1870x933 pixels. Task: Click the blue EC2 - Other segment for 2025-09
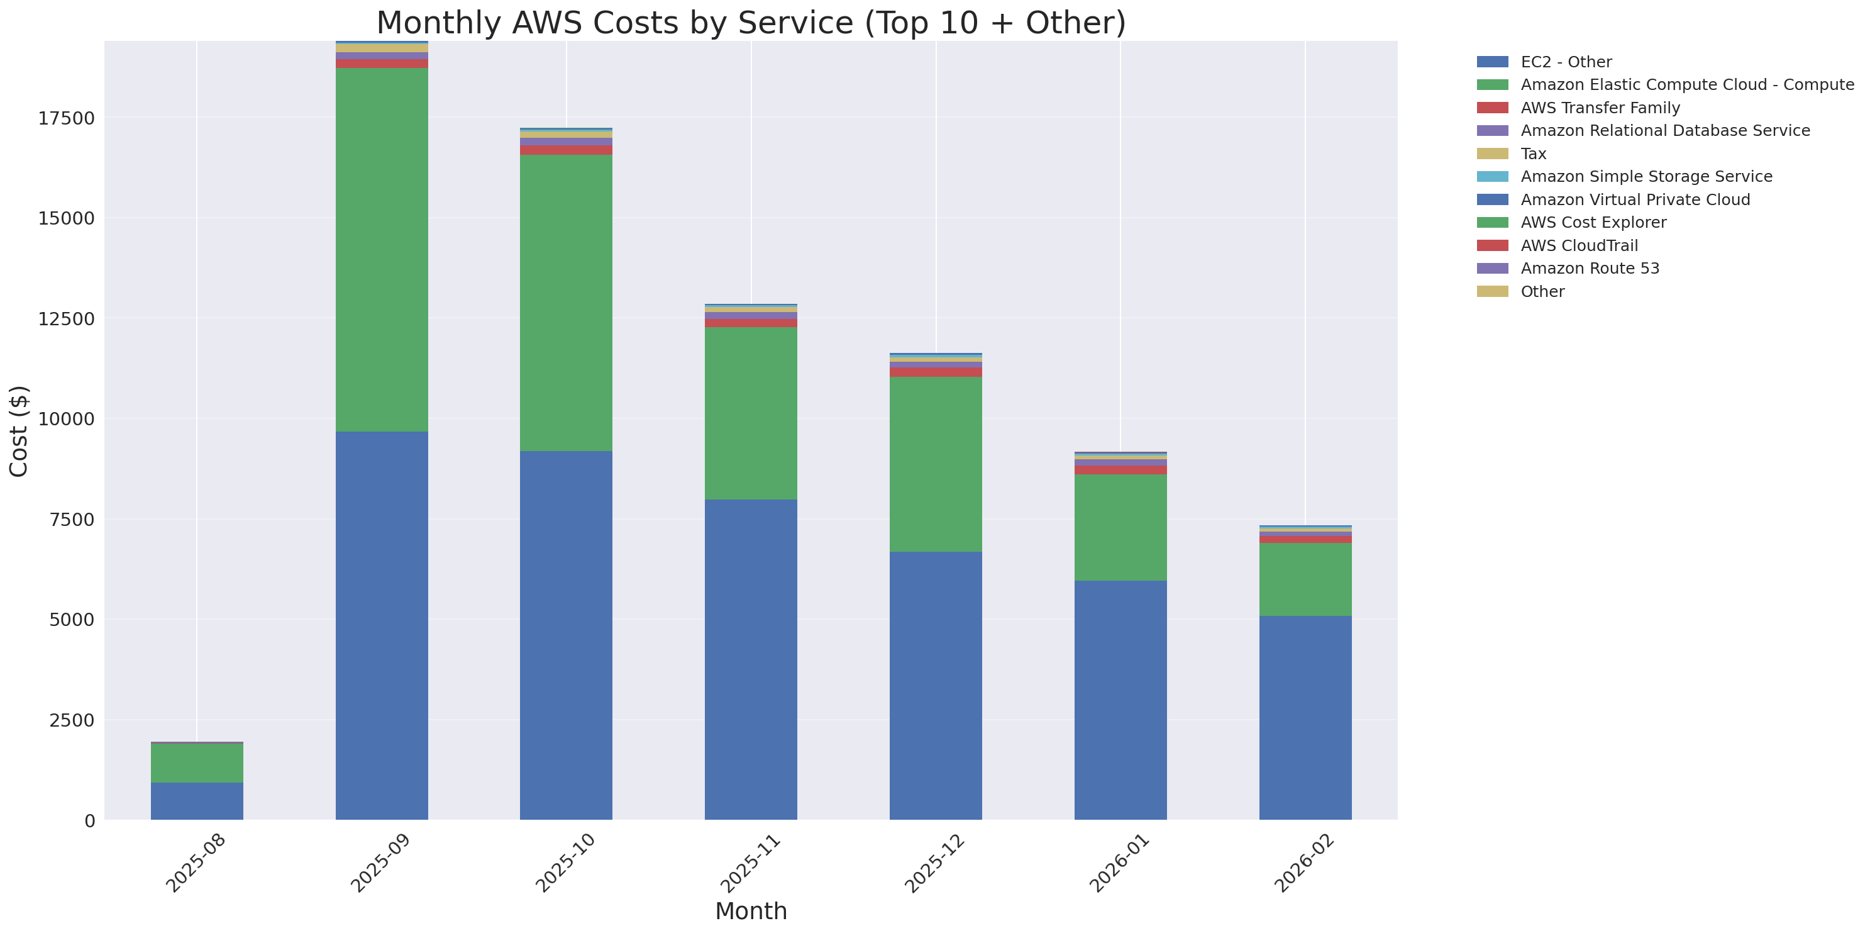click(381, 625)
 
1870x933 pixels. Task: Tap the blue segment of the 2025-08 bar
click(197, 801)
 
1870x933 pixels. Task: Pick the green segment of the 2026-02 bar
click(1305, 579)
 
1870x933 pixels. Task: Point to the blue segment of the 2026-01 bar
click(1120, 699)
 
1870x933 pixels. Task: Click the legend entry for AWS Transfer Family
click(1600, 108)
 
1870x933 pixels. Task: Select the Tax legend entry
click(1533, 154)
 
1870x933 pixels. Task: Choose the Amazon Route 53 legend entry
click(1590, 269)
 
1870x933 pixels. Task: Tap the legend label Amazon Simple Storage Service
click(1646, 176)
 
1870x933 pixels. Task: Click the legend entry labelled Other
click(1542, 292)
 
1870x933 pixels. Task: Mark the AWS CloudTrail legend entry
click(1579, 245)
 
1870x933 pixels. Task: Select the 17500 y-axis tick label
click(66, 118)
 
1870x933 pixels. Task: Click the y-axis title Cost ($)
click(19, 432)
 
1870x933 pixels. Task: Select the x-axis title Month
click(751, 911)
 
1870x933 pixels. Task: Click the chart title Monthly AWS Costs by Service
click(751, 23)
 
